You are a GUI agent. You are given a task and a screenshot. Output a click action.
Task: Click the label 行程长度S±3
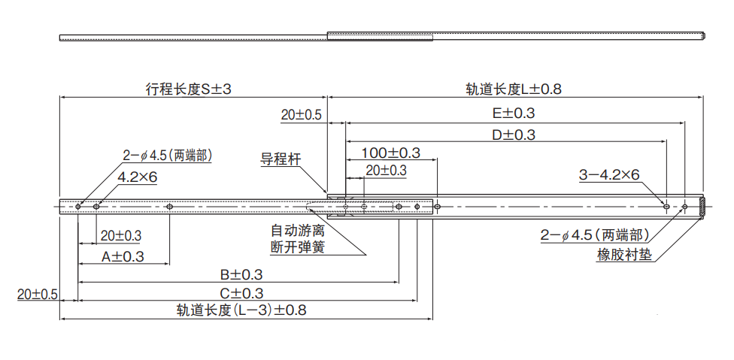pyautogui.click(x=188, y=89)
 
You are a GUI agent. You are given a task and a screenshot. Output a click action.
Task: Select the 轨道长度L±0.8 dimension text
pyautogui.click(x=514, y=89)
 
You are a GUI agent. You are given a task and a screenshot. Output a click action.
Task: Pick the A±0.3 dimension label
pyautogui.click(x=123, y=256)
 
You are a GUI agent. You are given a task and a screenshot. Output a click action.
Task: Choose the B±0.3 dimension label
pyautogui.click(x=241, y=274)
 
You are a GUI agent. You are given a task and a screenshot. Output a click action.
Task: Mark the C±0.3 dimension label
pyautogui.click(x=241, y=293)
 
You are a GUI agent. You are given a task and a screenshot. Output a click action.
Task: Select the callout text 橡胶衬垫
pyautogui.click(x=624, y=254)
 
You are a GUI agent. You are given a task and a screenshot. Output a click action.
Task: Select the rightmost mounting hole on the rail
pyautogui.click(x=684, y=206)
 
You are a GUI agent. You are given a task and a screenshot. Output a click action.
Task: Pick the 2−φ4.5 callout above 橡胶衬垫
pyautogui.click(x=594, y=235)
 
